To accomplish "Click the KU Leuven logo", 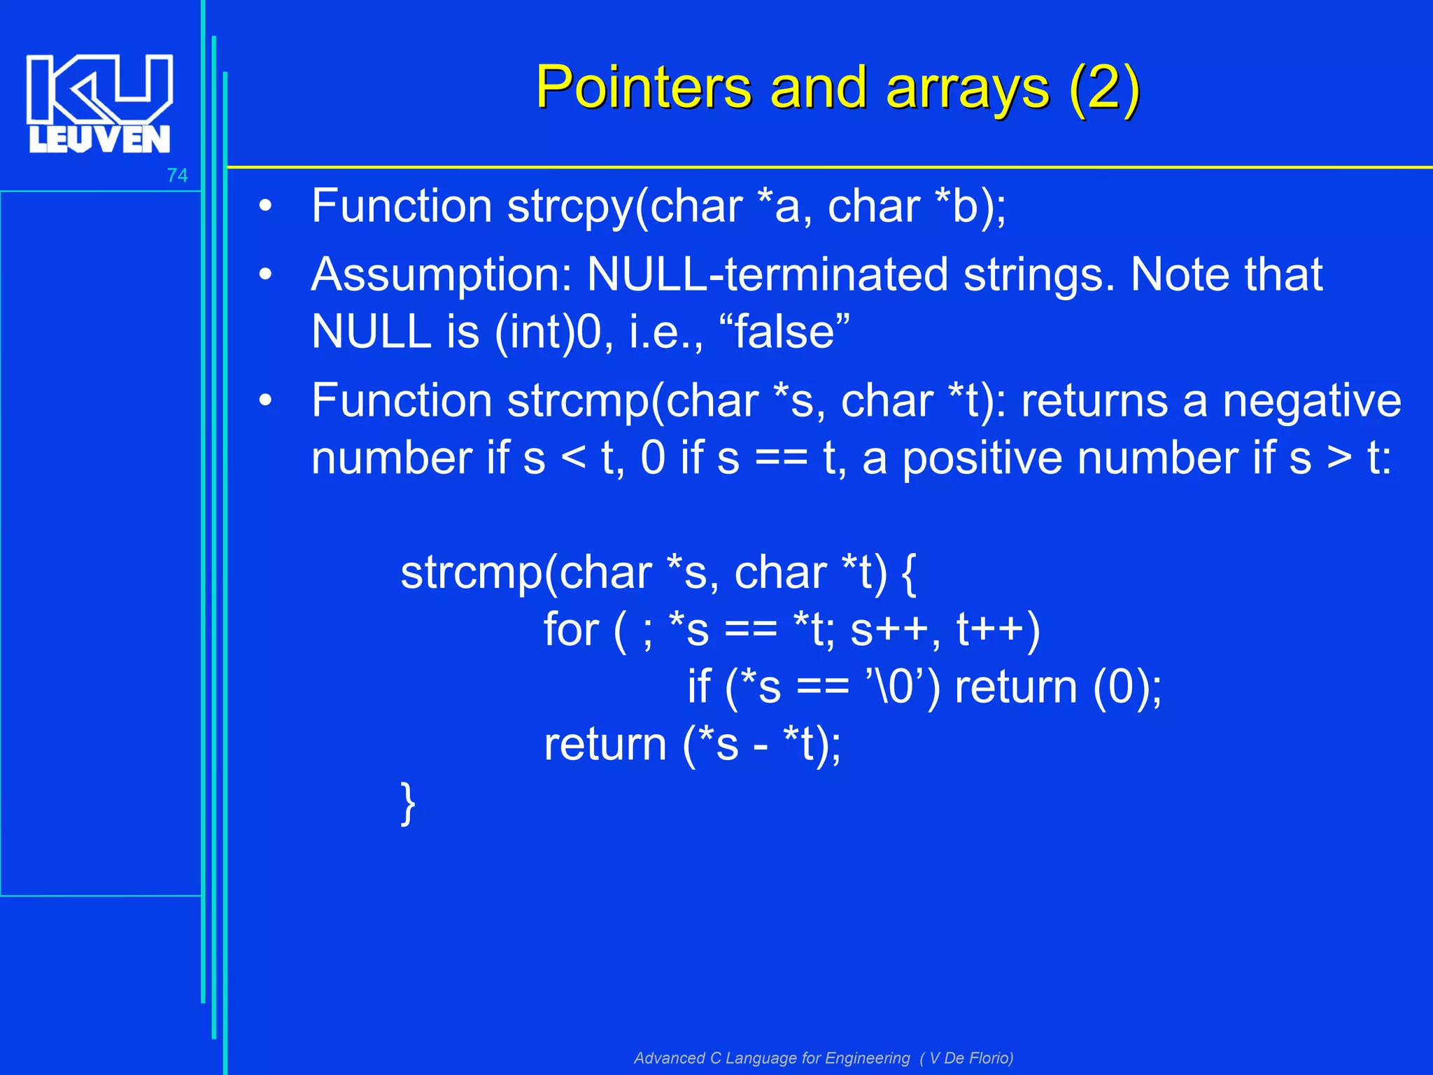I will click(x=99, y=104).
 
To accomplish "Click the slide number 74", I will click(x=177, y=176).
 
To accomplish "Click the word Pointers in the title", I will click(x=643, y=88).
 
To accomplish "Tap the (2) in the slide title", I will click(x=1105, y=88).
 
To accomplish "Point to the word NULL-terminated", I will click(x=767, y=274).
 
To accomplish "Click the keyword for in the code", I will click(x=571, y=629).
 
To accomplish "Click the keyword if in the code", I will click(x=699, y=687).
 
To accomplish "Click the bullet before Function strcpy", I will click(x=264, y=207).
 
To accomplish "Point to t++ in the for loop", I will click(x=996, y=629).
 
